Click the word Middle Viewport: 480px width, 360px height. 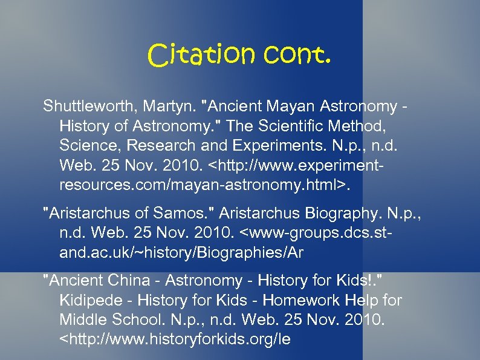(x=81, y=319)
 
